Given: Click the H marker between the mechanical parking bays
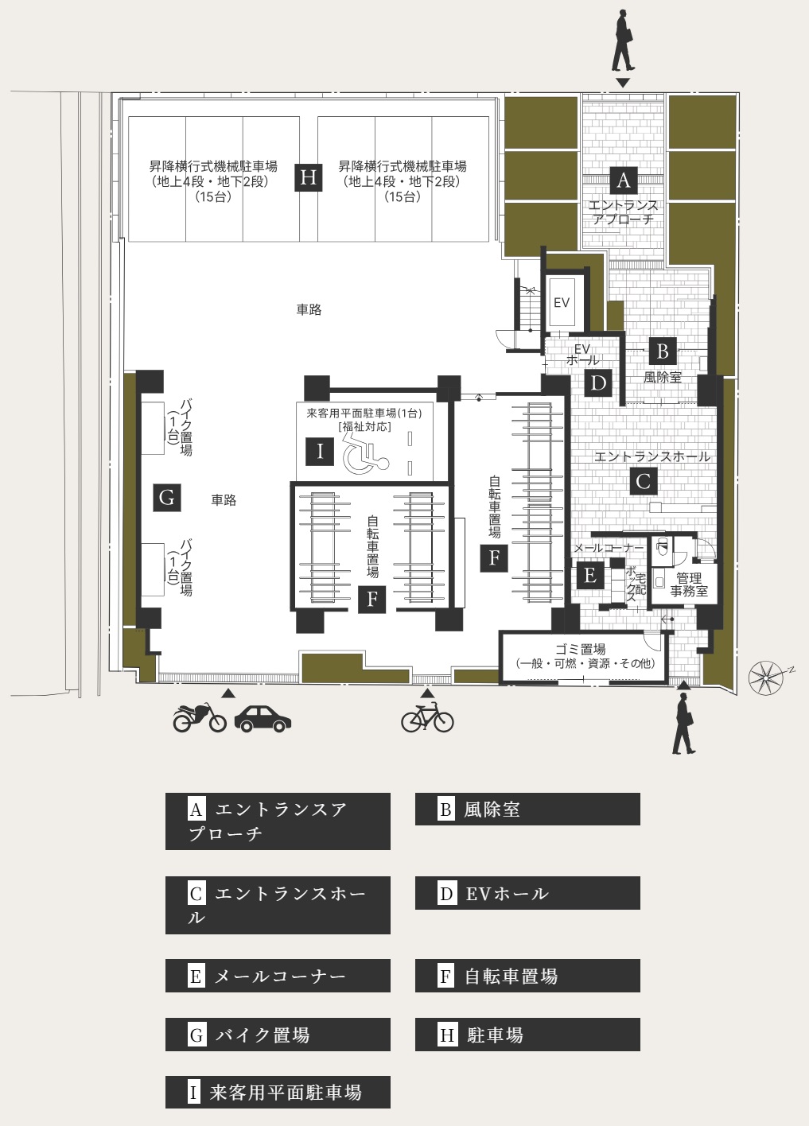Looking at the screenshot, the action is point(308,177).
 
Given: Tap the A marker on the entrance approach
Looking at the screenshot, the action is point(624,180).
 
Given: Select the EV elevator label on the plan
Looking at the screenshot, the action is point(561,302).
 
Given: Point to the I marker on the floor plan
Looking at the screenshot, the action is point(320,452).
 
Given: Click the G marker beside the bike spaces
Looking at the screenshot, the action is point(167,498).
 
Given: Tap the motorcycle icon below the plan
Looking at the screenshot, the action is point(200,717).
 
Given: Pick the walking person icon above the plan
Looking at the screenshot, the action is point(623,41).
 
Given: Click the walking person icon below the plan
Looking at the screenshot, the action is point(684,724).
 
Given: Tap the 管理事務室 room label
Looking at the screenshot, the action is point(689,585).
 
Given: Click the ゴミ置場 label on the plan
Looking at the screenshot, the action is point(580,649).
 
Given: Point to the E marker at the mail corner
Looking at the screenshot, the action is point(590,575).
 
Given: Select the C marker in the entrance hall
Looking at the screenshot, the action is point(643,481).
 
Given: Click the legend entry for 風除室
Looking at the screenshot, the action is point(527,809).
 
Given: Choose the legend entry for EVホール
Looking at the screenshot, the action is point(527,893).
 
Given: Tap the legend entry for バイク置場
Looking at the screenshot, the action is point(278,1035).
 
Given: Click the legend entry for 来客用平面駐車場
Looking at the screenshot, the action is point(278,1092).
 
